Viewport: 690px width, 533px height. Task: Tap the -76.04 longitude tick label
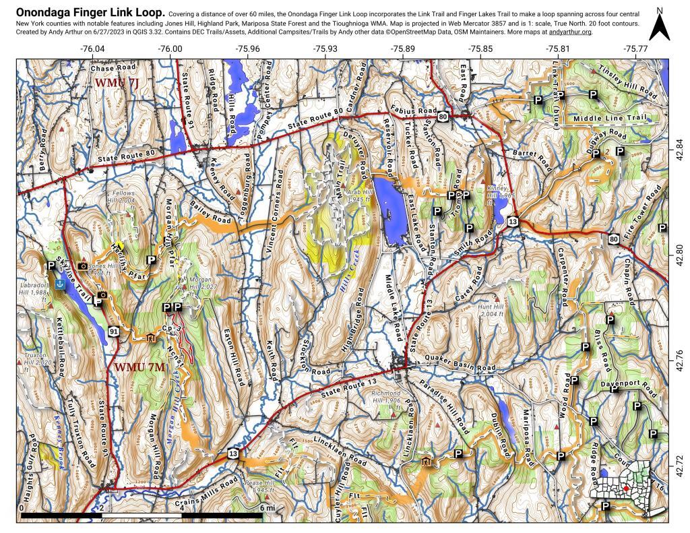coord(92,49)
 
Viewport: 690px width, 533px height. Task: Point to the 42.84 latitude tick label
coord(680,146)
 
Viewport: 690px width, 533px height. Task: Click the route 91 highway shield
coord(115,332)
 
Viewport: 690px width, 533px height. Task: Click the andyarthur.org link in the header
coord(567,32)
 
